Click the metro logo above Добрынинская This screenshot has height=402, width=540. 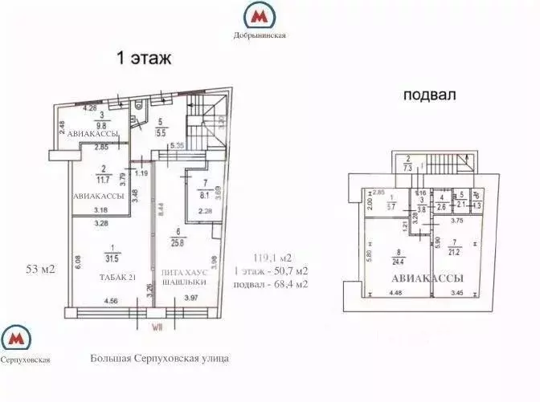click(260, 15)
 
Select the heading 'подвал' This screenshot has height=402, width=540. click(429, 95)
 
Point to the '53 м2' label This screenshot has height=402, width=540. click(39, 270)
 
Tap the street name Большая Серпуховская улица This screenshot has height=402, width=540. click(160, 358)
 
